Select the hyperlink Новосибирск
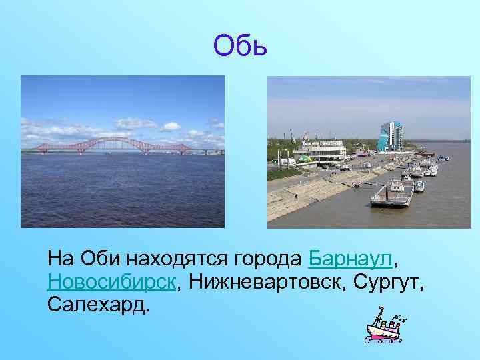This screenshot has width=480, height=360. (112, 281)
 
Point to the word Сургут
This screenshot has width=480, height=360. (383, 281)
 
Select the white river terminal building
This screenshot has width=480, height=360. (322, 150)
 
